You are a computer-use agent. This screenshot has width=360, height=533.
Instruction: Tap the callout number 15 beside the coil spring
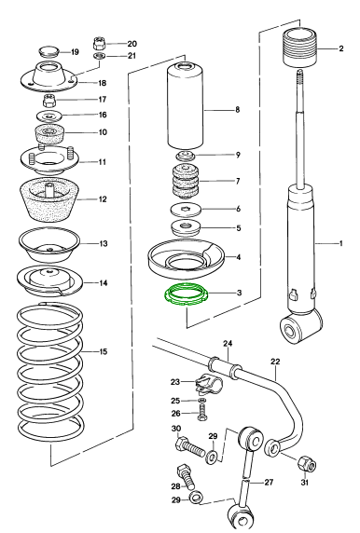tap(104, 351)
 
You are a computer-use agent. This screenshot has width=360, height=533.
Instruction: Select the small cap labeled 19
tap(48, 52)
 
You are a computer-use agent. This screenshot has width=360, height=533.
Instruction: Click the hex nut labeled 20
tap(99, 44)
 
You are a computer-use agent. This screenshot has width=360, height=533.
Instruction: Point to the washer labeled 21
tap(99, 56)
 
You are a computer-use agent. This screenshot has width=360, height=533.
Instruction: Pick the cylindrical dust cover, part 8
tap(185, 106)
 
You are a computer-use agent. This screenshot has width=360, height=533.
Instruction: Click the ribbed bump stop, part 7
tap(186, 182)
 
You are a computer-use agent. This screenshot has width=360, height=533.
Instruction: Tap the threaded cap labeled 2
tap(300, 48)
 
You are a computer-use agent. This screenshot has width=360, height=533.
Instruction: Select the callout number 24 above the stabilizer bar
tap(228, 343)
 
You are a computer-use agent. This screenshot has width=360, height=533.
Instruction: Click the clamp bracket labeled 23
tap(208, 383)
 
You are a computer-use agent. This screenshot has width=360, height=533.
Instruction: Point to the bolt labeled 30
tap(190, 447)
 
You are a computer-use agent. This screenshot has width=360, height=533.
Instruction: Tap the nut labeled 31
tap(307, 464)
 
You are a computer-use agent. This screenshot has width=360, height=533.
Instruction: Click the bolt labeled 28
tap(186, 477)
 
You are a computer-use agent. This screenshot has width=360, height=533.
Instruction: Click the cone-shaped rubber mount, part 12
tap(49, 199)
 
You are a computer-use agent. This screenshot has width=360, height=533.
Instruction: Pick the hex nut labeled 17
tap(49, 101)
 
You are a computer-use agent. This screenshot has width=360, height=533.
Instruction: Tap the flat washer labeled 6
tap(186, 209)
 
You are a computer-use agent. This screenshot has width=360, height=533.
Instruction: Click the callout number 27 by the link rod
tap(269, 482)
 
